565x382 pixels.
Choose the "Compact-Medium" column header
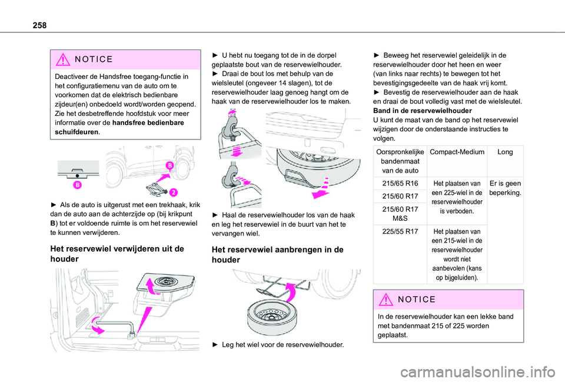[458, 152]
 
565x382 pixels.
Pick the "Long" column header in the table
[504, 152]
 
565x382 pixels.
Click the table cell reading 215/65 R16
[400, 184]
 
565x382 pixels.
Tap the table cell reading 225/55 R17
[400, 231]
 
